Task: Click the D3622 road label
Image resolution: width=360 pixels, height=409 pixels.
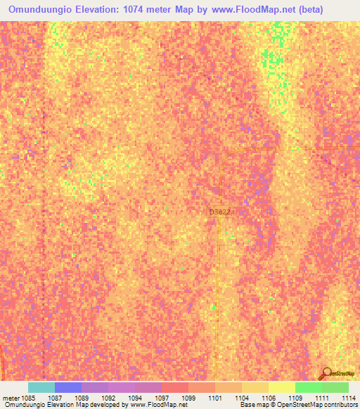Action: pyautogui.click(x=220, y=211)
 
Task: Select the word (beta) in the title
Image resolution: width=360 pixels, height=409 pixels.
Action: pyautogui.click(x=307, y=10)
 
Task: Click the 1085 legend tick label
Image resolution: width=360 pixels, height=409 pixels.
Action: pyautogui.click(x=28, y=397)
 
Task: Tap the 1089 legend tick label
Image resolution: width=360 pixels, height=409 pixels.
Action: pyautogui.click(x=82, y=397)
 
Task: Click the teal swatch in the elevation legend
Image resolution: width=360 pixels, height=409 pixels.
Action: pyautogui.click(x=41, y=387)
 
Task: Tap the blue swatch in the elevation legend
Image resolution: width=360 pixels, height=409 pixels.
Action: pyautogui.click(x=68, y=387)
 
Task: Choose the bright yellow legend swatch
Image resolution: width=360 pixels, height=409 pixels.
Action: pyautogui.click(x=282, y=387)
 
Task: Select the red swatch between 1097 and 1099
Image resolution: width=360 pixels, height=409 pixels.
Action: pyautogui.click(x=175, y=387)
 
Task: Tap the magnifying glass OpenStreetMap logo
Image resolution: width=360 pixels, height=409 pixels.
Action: pyautogui.click(x=326, y=374)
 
